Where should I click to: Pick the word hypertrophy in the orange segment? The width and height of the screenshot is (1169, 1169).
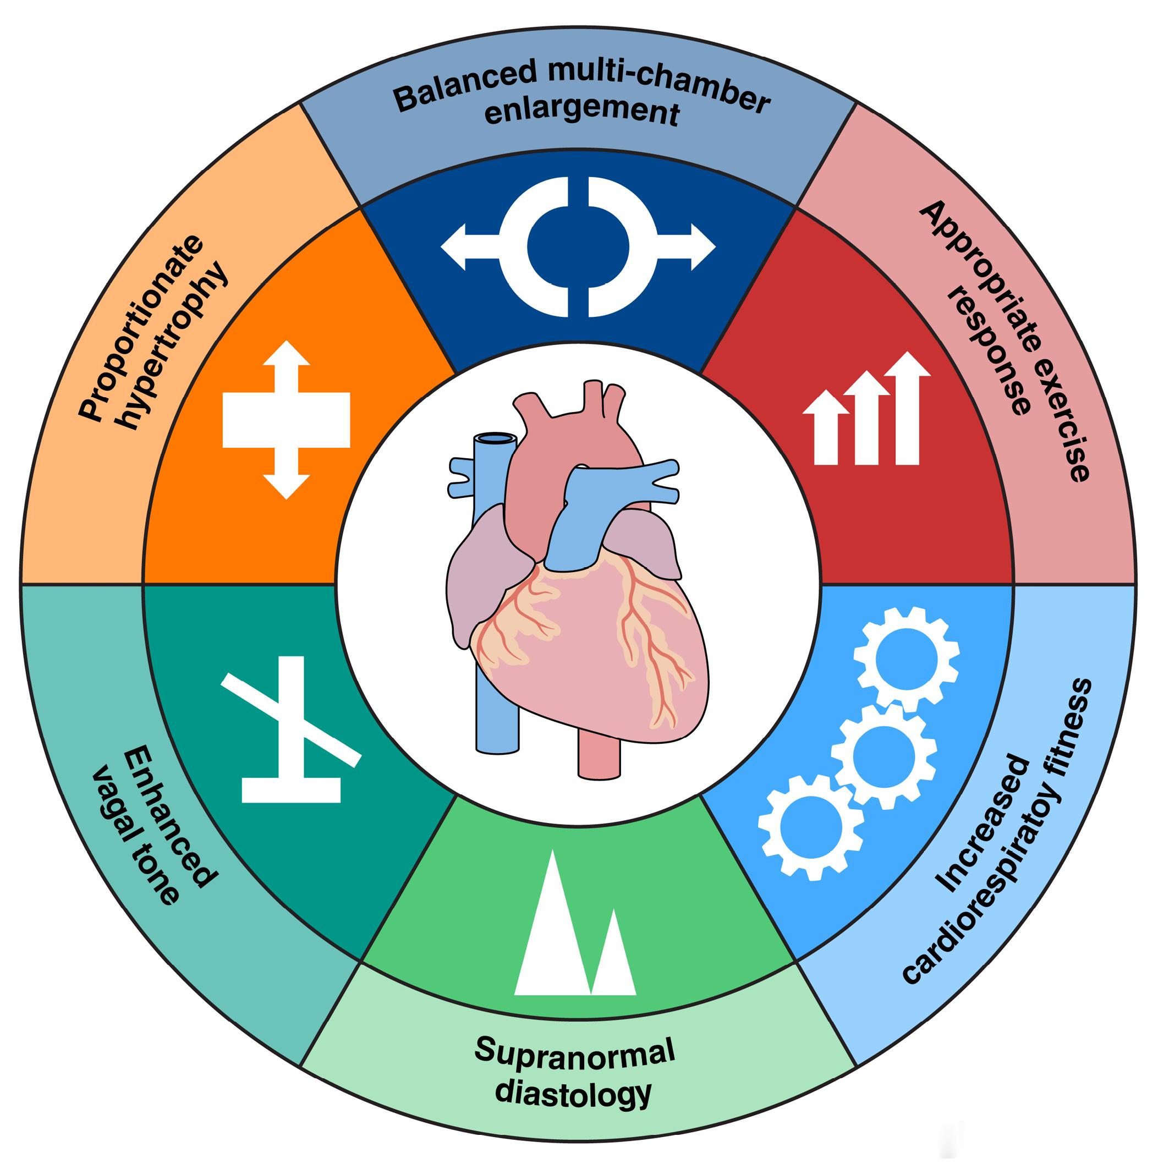[175, 345]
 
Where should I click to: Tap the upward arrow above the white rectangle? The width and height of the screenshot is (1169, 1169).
[287, 366]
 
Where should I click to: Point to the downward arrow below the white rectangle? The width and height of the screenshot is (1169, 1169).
[287, 474]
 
